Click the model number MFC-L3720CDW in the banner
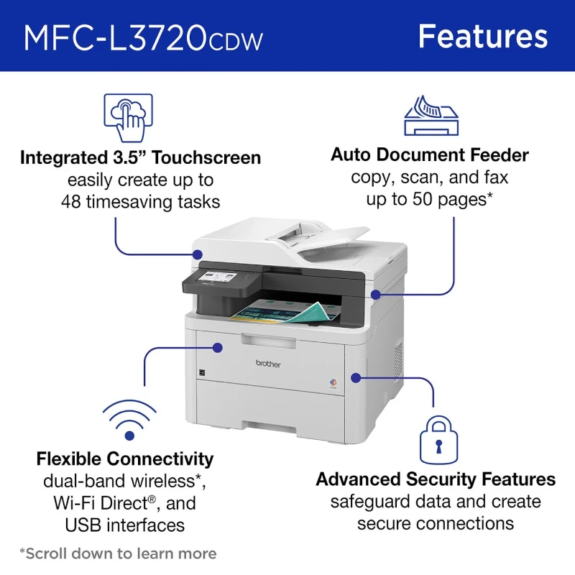tap(143, 37)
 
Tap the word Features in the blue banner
tap(482, 36)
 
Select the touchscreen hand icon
tap(129, 118)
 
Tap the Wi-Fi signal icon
tap(129, 420)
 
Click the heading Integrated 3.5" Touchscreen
tap(140, 157)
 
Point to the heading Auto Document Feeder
tap(430, 155)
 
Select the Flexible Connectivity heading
tap(125, 459)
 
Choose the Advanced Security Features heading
tap(436, 479)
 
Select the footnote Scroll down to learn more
tap(118, 553)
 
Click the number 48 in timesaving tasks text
tap(71, 202)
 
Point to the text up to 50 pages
tap(429, 199)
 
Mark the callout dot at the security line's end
tap(357, 376)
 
